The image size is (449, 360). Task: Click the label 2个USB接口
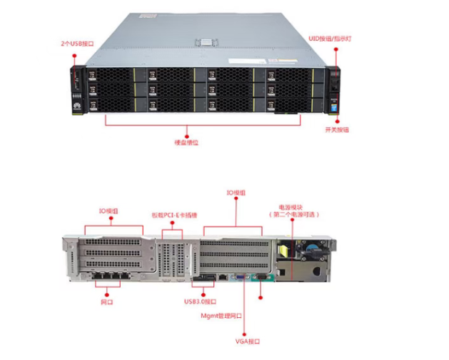pyautogui.click(x=77, y=44)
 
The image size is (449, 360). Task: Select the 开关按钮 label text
pyautogui.click(x=337, y=129)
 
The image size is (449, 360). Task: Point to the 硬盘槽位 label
pyautogui.click(x=186, y=142)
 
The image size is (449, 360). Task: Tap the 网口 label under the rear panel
pyautogui.click(x=108, y=304)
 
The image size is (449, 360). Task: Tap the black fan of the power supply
pyautogui.click(x=313, y=251)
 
